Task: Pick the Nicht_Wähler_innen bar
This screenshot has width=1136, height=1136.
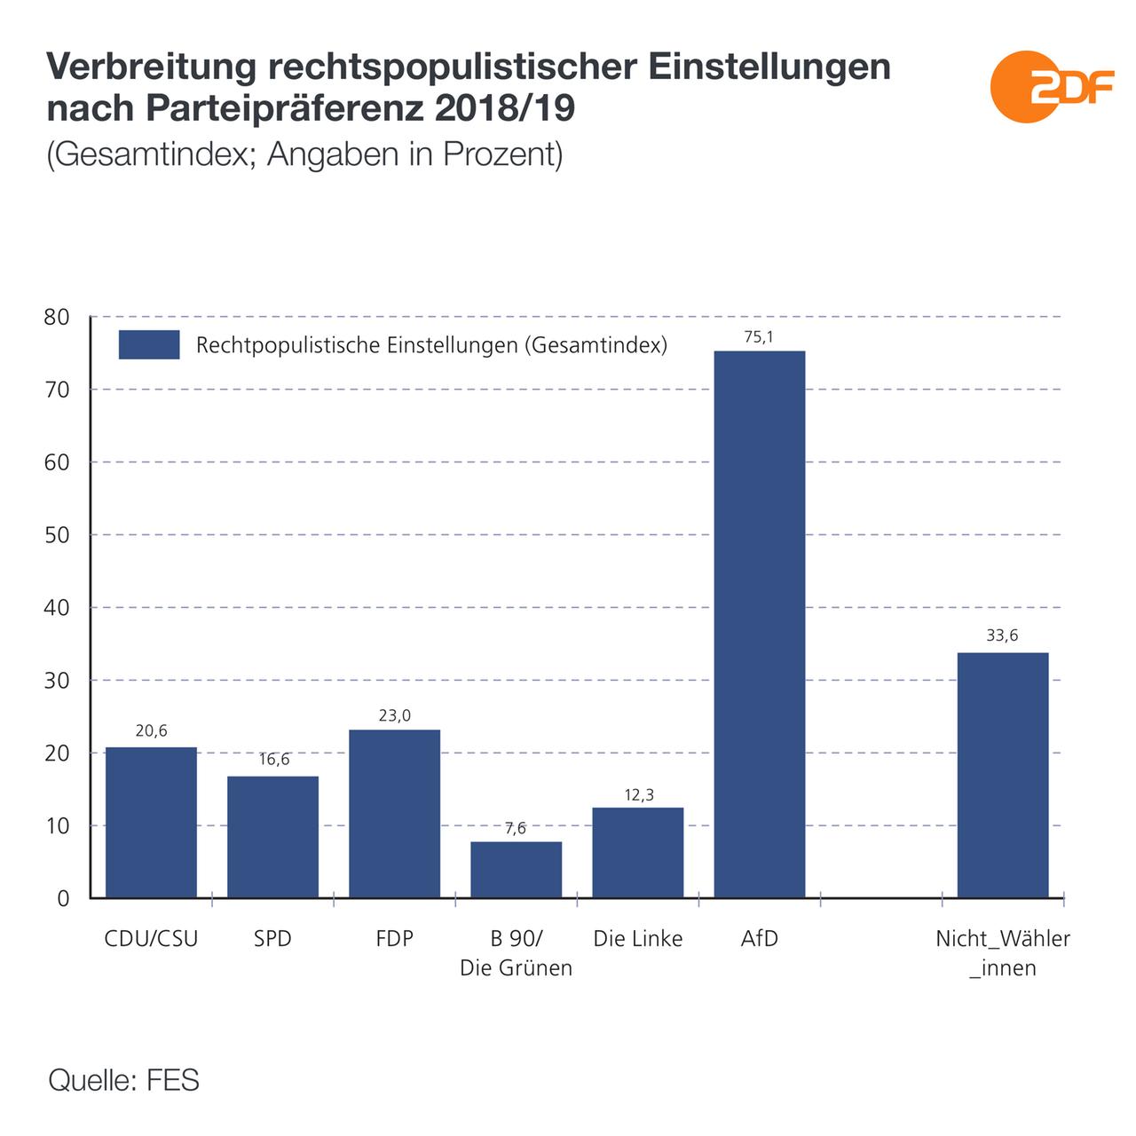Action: click(x=1003, y=775)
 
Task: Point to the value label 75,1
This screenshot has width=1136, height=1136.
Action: click(x=759, y=336)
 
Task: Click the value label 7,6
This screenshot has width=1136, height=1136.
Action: click(x=516, y=828)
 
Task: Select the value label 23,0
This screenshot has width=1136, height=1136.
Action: click(x=394, y=715)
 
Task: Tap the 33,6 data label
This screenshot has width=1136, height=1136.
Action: click(x=1002, y=636)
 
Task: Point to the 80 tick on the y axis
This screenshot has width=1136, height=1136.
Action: click(x=56, y=317)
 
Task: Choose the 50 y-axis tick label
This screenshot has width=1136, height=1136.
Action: click(x=56, y=535)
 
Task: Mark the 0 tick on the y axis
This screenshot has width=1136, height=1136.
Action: click(x=62, y=899)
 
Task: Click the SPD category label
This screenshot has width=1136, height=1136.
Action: click(x=272, y=939)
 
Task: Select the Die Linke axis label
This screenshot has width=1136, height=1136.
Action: click(x=637, y=939)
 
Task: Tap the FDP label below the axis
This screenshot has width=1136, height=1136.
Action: click(x=394, y=939)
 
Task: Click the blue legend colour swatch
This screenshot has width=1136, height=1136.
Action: click(x=149, y=344)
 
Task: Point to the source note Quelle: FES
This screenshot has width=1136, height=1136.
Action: click(x=123, y=1081)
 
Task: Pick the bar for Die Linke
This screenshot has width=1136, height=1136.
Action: click(x=637, y=852)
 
